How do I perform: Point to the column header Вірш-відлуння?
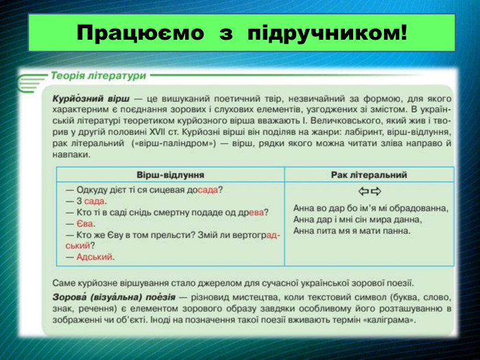170,175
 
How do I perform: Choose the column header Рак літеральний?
368,175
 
